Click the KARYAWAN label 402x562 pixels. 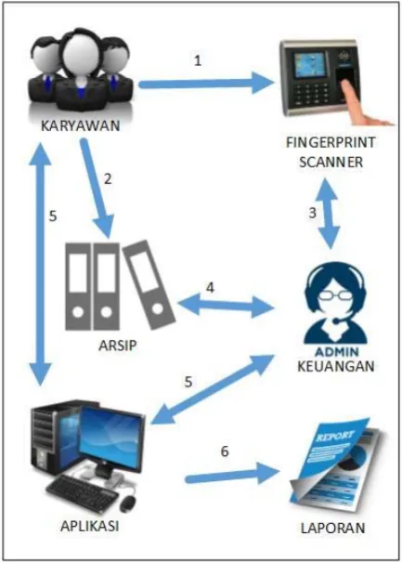[80, 125]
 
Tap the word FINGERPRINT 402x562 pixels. [331, 143]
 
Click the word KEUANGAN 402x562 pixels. [336, 366]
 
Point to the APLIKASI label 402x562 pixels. [89, 526]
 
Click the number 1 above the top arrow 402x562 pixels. [198, 60]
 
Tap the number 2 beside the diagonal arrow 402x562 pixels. [108, 178]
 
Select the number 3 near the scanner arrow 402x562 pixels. [313, 213]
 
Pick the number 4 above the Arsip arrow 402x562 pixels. [210, 287]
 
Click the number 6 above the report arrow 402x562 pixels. [225, 451]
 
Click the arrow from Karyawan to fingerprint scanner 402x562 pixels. [206, 84]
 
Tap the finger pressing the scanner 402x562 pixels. [362, 106]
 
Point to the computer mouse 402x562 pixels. [127, 503]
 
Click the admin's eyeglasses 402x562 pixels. [334, 296]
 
